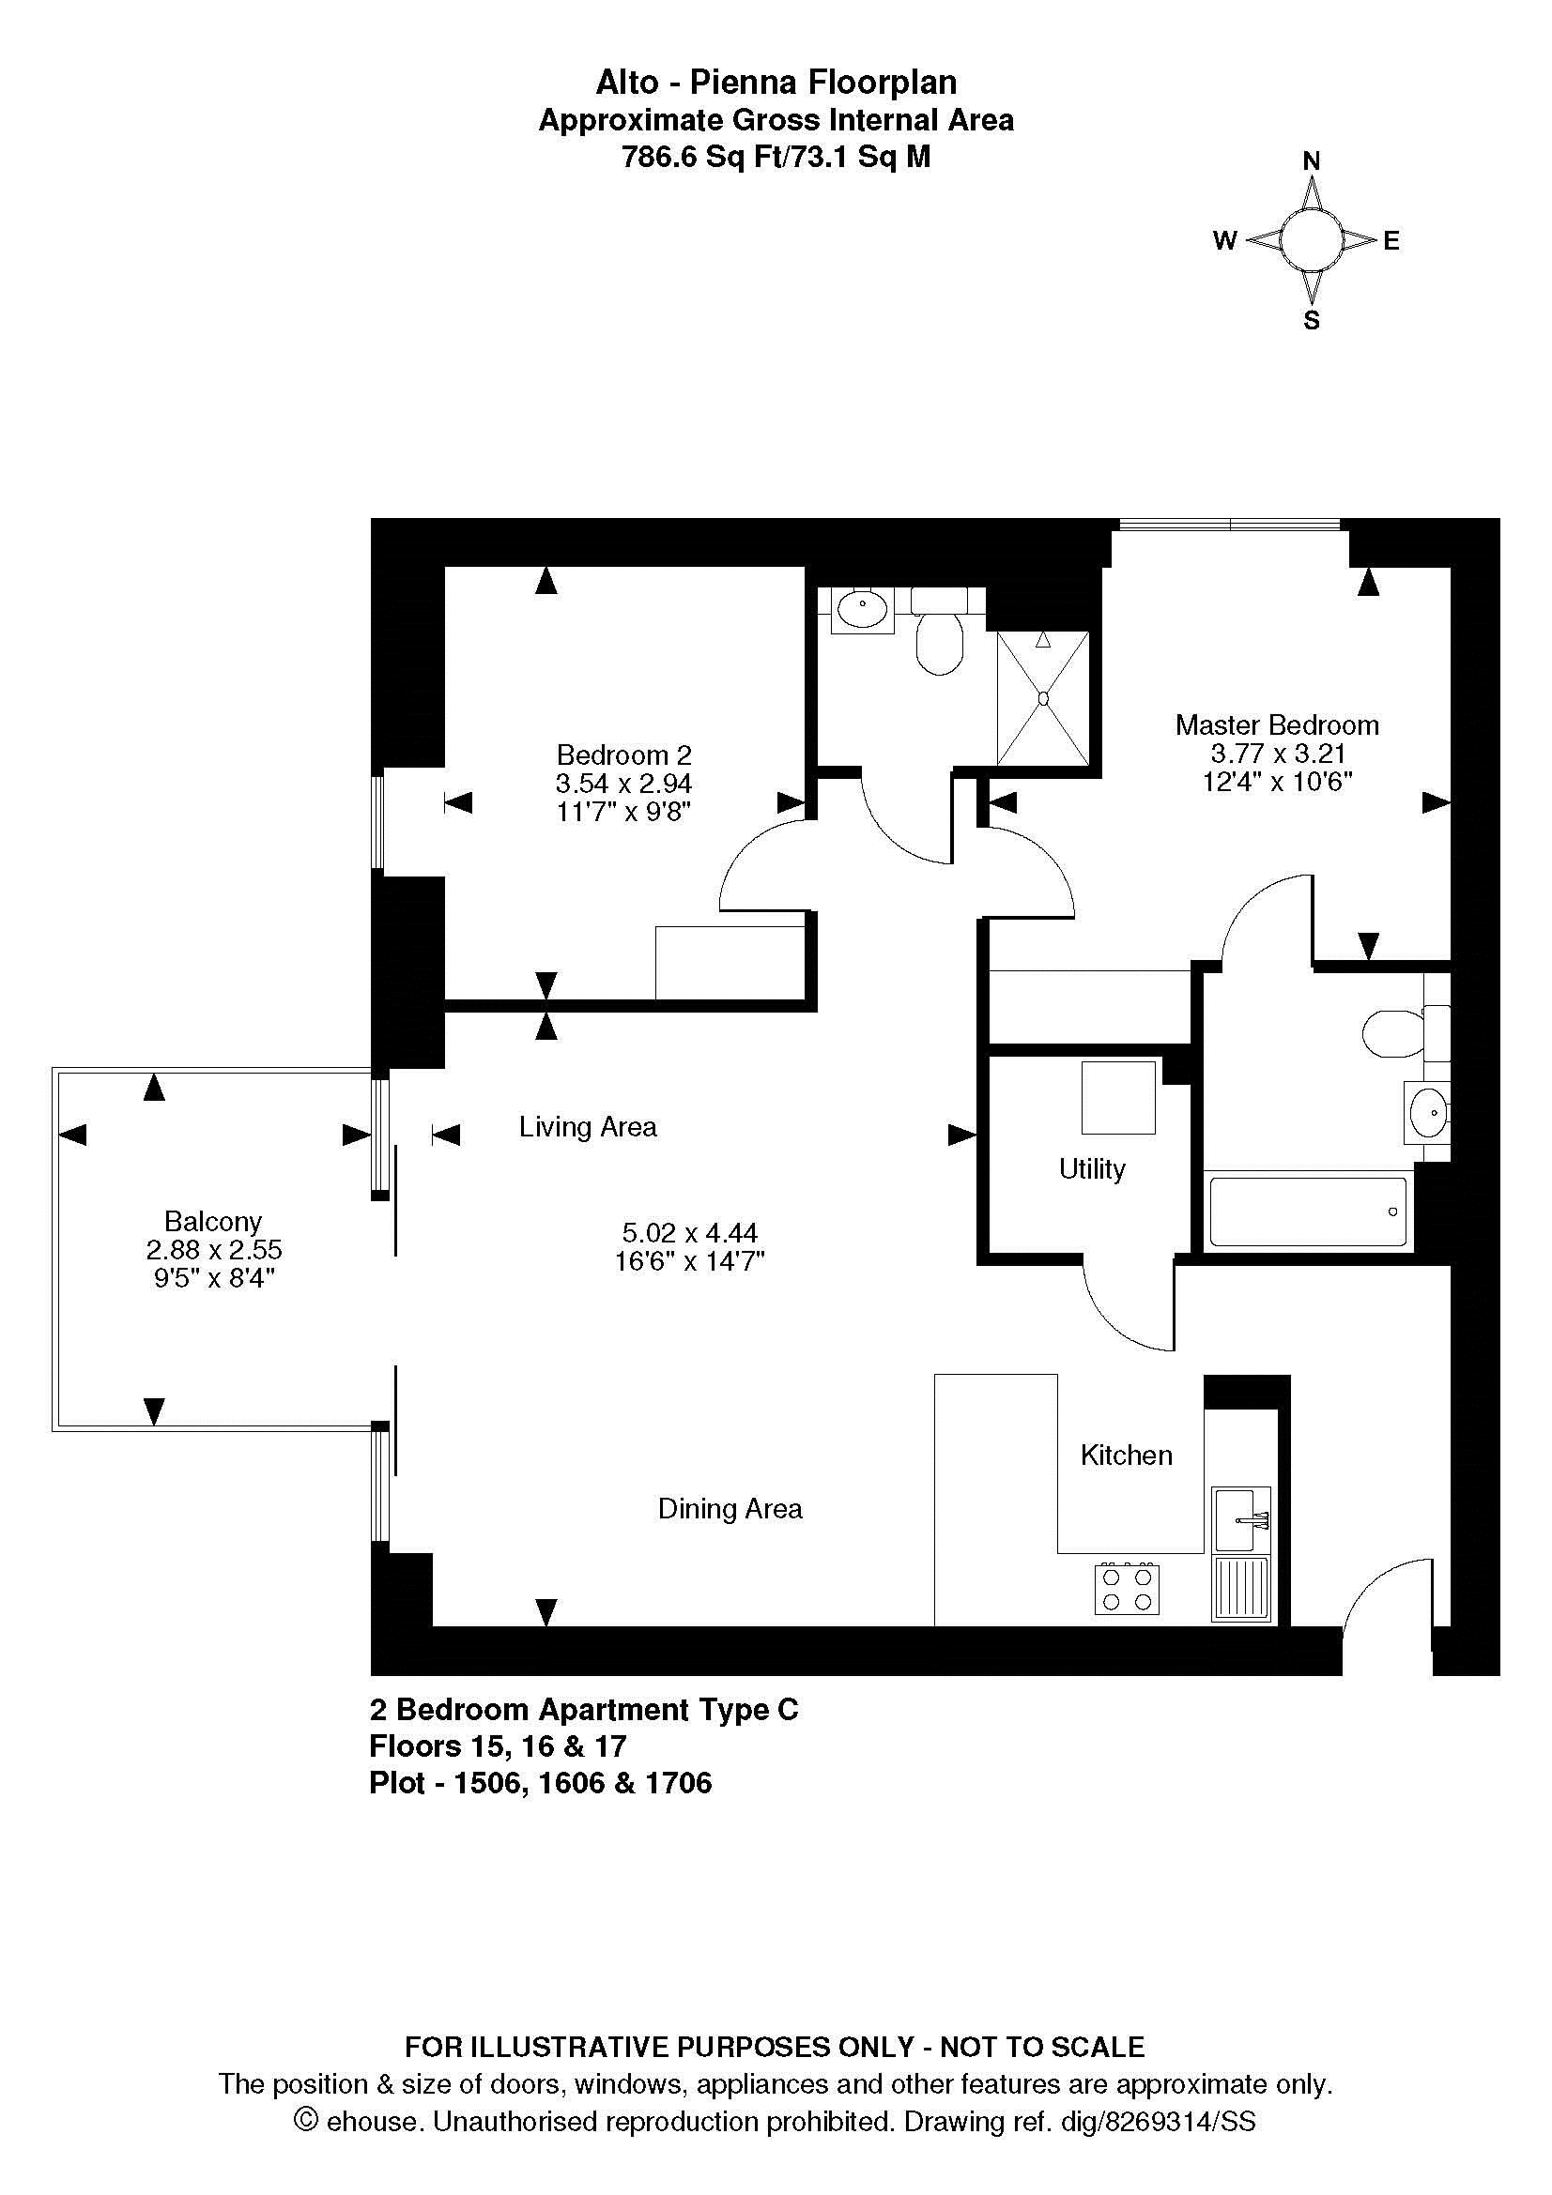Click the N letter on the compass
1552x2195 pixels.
[1312, 161]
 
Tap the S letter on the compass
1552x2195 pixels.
[1312, 320]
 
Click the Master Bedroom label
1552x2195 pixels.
[1277, 725]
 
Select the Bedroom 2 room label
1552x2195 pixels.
[623, 755]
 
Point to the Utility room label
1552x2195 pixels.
[1092, 1169]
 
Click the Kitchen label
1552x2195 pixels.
[1127, 1456]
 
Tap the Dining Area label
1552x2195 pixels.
[730, 1509]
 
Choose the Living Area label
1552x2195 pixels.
[588, 1127]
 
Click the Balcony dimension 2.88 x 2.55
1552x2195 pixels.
[214, 1249]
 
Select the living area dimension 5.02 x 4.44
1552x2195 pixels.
[689, 1233]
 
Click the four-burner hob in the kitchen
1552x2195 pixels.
[1127, 1589]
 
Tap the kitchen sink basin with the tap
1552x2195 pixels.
[1241, 1519]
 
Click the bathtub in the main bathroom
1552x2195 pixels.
[1307, 1212]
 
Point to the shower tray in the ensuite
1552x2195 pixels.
[1042, 698]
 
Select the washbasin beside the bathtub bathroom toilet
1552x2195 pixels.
[1427, 1112]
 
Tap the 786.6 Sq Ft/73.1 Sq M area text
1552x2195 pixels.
[776, 157]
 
